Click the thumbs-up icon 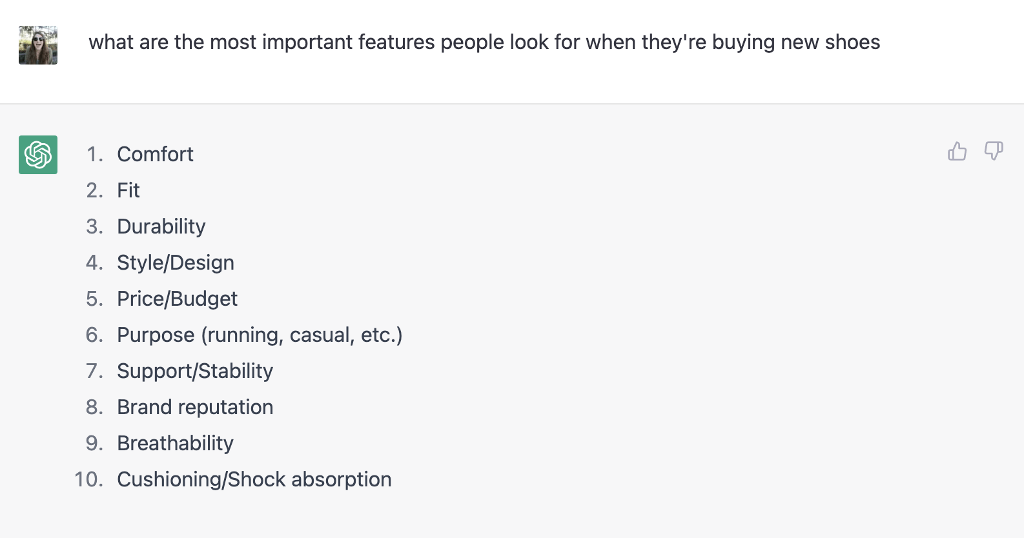(957, 152)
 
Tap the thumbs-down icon (993, 152)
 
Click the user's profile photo (38, 45)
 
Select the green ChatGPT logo (38, 155)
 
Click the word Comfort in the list (155, 154)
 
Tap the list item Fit (128, 190)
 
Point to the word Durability (161, 226)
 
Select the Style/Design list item (176, 263)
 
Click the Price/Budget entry (177, 299)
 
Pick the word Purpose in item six (156, 335)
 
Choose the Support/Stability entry (195, 371)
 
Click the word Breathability (175, 443)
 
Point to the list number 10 (88, 479)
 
